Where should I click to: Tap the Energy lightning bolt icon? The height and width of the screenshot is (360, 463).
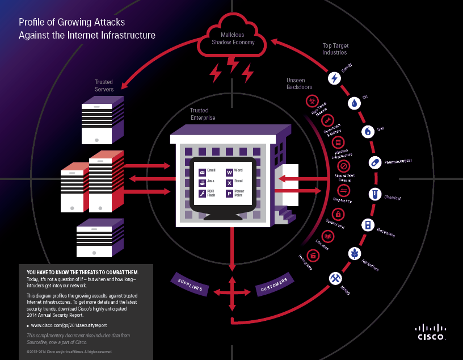335,78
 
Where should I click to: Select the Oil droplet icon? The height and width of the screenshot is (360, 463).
354,103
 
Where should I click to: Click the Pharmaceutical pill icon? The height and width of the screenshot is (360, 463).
374,163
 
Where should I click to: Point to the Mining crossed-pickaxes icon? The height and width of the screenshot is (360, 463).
335,278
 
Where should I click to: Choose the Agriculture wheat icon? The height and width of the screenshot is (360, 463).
355,253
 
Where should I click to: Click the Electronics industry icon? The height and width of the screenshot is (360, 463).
368,225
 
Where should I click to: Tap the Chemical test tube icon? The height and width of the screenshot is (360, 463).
374,194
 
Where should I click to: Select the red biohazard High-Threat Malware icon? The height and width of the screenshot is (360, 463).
311,102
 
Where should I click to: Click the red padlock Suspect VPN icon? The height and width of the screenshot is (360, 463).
339,214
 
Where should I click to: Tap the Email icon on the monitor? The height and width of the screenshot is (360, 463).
202,172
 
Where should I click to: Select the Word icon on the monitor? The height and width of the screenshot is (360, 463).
230,172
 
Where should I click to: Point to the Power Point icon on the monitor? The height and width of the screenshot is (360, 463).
230,194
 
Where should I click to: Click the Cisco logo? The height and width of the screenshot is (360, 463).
431,332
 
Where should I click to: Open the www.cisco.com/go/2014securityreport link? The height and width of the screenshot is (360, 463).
69,325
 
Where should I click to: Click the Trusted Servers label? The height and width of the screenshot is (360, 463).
104,86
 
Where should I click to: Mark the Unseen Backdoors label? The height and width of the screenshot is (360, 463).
299,83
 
